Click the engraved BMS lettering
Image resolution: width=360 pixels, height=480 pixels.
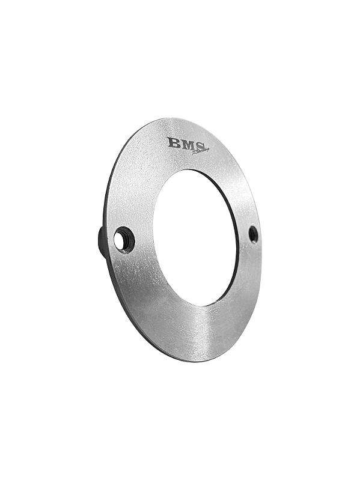[x=186, y=144]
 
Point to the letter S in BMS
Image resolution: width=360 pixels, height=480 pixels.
[x=200, y=145]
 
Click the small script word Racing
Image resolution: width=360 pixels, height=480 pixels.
[x=201, y=151]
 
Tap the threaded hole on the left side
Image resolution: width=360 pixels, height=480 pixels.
[x=123, y=240]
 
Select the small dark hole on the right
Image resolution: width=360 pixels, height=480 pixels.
[x=253, y=234]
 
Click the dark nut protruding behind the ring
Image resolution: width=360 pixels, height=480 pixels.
[x=103, y=241]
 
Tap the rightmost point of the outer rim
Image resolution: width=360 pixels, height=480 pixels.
[x=261, y=240]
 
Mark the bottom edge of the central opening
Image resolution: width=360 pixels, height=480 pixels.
[x=201, y=305]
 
